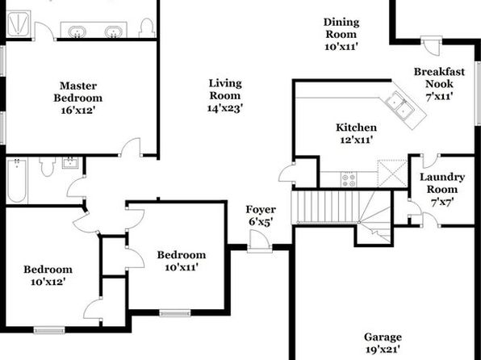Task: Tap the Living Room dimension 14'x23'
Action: [x=225, y=108]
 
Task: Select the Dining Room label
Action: [x=341, y=28]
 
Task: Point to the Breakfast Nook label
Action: [x=439, y=77]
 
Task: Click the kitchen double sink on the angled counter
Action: [x=400, y=105]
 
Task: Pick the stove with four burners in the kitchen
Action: [x=349, y=179]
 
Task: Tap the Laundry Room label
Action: [x=442, y=183]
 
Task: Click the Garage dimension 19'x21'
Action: [x=383, y=350]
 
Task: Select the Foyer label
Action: [x=261, y=210]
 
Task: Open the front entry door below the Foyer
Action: [x=260, y=241]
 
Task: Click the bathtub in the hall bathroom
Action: [x=17, y=180]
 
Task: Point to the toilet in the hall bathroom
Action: [x=48, y=166]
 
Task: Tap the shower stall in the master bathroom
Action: [x=19, y=23]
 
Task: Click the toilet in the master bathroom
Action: [x=147, y=28]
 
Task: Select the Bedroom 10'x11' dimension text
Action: [x=181, y=268]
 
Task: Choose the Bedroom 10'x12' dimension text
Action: [x=48, y=282]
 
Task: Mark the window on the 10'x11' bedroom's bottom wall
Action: [x=175, y=313]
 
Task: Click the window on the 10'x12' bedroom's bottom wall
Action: [x=49, y=330]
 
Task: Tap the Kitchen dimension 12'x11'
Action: [x=356, y=140]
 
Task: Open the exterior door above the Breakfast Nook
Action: [x=431, y=45]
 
